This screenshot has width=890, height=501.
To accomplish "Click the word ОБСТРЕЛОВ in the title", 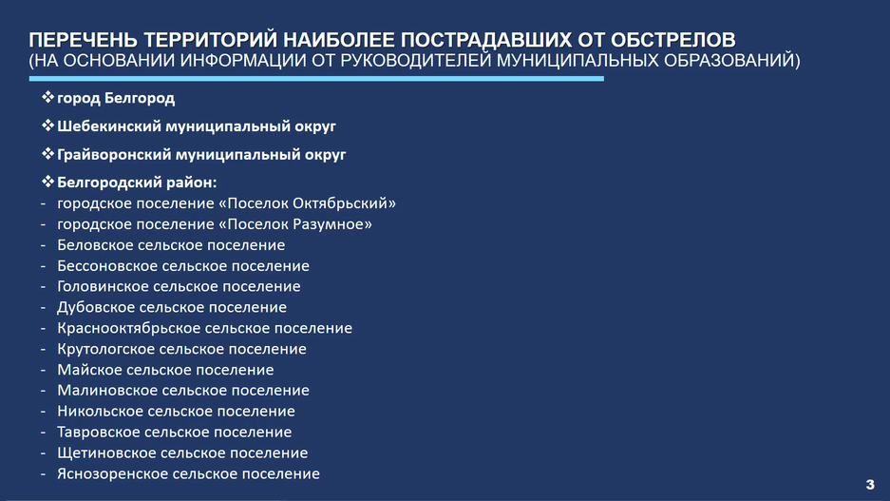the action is point(672,40).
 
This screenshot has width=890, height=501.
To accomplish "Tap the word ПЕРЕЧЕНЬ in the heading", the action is point(83,40).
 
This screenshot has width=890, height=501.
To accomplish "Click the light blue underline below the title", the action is point(316,78).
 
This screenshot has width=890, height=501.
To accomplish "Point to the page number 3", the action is point(870,485).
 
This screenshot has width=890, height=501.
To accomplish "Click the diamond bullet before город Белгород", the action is point(47,97).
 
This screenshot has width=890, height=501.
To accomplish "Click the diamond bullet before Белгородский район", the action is point(47,182).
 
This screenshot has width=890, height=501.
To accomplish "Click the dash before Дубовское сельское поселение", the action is point(43,308).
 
